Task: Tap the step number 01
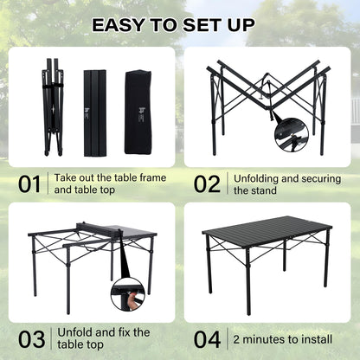[x=29, y=183]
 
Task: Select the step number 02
[x=208, y=183]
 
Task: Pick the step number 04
[x=208, y=337]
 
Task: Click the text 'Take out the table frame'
[x=110, y=177]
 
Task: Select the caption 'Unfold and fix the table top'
[x=103, y=337]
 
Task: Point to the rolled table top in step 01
[x=95, y=112]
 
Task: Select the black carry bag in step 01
[x=137, y=112]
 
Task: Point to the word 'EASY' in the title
[x=119, y=25]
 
